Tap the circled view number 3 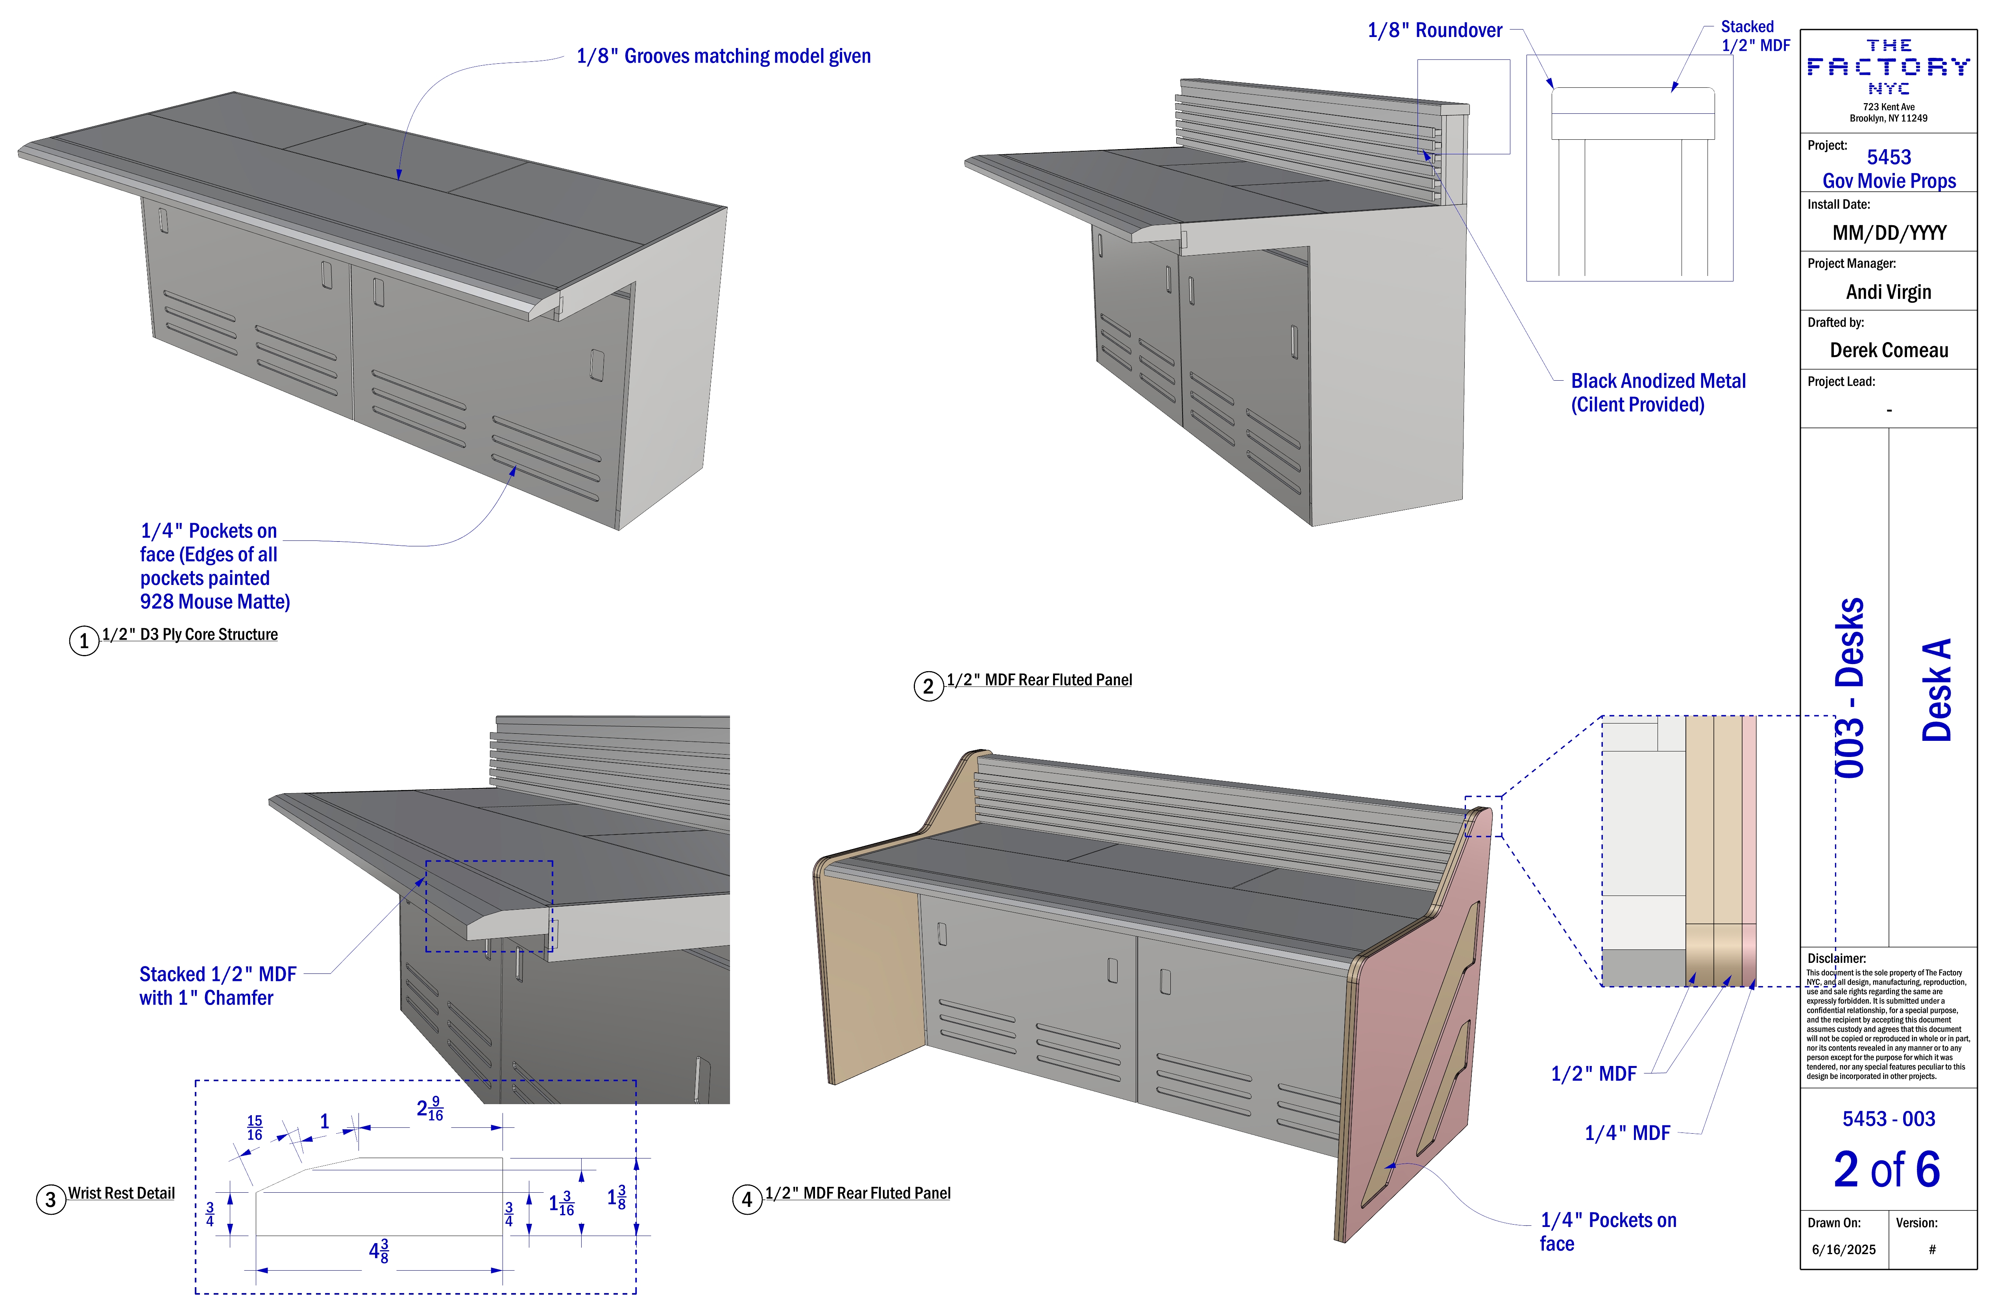[x=51, y=1199]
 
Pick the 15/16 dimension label [x=255, y=1128]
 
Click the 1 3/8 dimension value [x=616, y=1197]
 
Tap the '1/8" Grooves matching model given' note [x=724, y=57]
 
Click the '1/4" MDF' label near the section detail [x=1628, y=1133]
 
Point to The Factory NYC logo [x=1889, y=67]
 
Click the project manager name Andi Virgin [x=1889, y=292]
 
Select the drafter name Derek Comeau [x=1889, y=350]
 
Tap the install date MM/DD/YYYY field [x=1889, y=233]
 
